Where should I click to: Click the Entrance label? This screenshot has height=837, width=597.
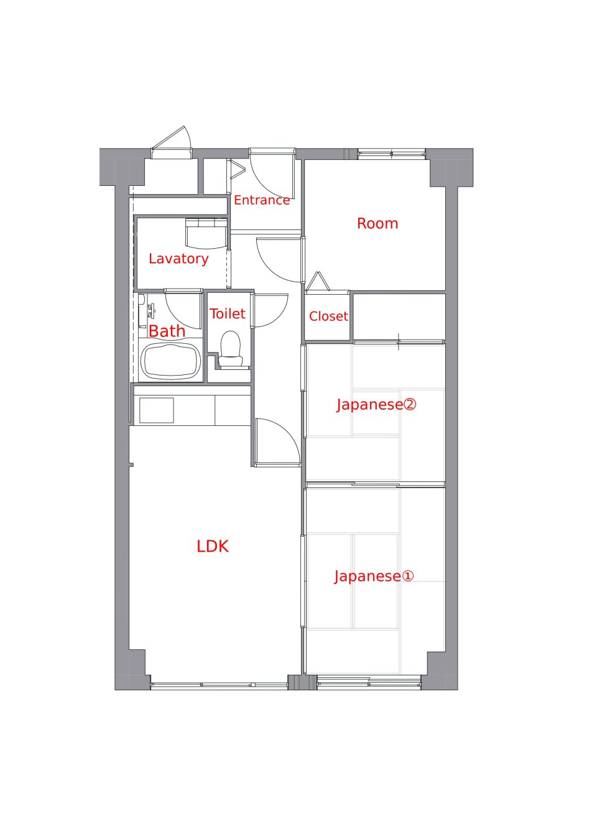tap(262, 200)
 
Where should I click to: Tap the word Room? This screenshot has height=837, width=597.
tap(377, 223)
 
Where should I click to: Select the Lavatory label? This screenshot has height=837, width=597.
tap(178, 259)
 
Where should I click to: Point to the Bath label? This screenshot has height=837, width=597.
tap(167, 331)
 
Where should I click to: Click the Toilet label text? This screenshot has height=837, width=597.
tap(227, 313)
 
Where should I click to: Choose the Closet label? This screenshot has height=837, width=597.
tap(328, 317)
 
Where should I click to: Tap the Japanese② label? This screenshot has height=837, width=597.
tap(376, 405)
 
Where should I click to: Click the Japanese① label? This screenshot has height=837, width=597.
tap(374, 576)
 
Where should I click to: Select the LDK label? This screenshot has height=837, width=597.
tap(213, 547)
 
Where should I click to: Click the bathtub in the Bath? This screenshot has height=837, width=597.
tap(170, 360)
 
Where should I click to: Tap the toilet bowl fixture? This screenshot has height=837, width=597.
tap(231, 349)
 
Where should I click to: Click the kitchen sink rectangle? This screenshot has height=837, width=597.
tap(156, 410)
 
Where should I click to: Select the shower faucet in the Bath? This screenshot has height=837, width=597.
tap(151, 312)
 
